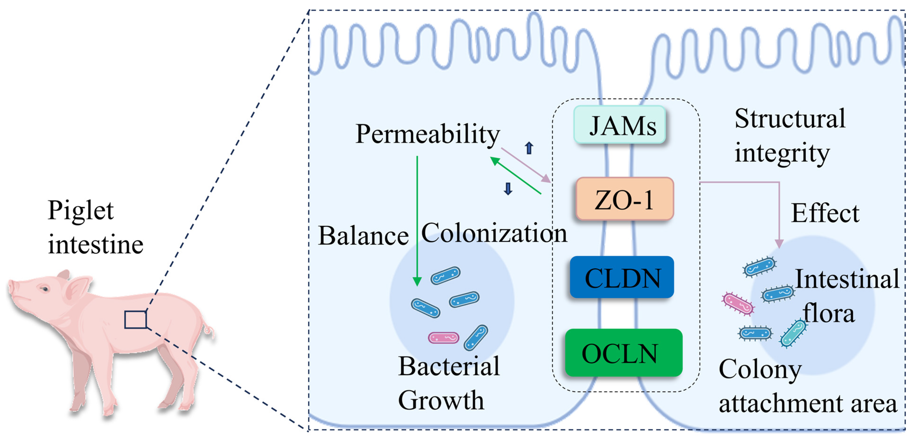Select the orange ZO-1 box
coord(624,199)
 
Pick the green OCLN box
coord(624,353)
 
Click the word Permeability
coord(427,134)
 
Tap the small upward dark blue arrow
coord(529,148)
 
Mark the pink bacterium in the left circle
coord(444,338)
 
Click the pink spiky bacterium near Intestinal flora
coord(738,304)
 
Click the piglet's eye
coord(45,289)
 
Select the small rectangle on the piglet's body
coord(135,319)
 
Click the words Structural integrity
coord(789,136)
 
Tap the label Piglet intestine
coord(95,227)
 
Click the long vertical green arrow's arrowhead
coord(417,281)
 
